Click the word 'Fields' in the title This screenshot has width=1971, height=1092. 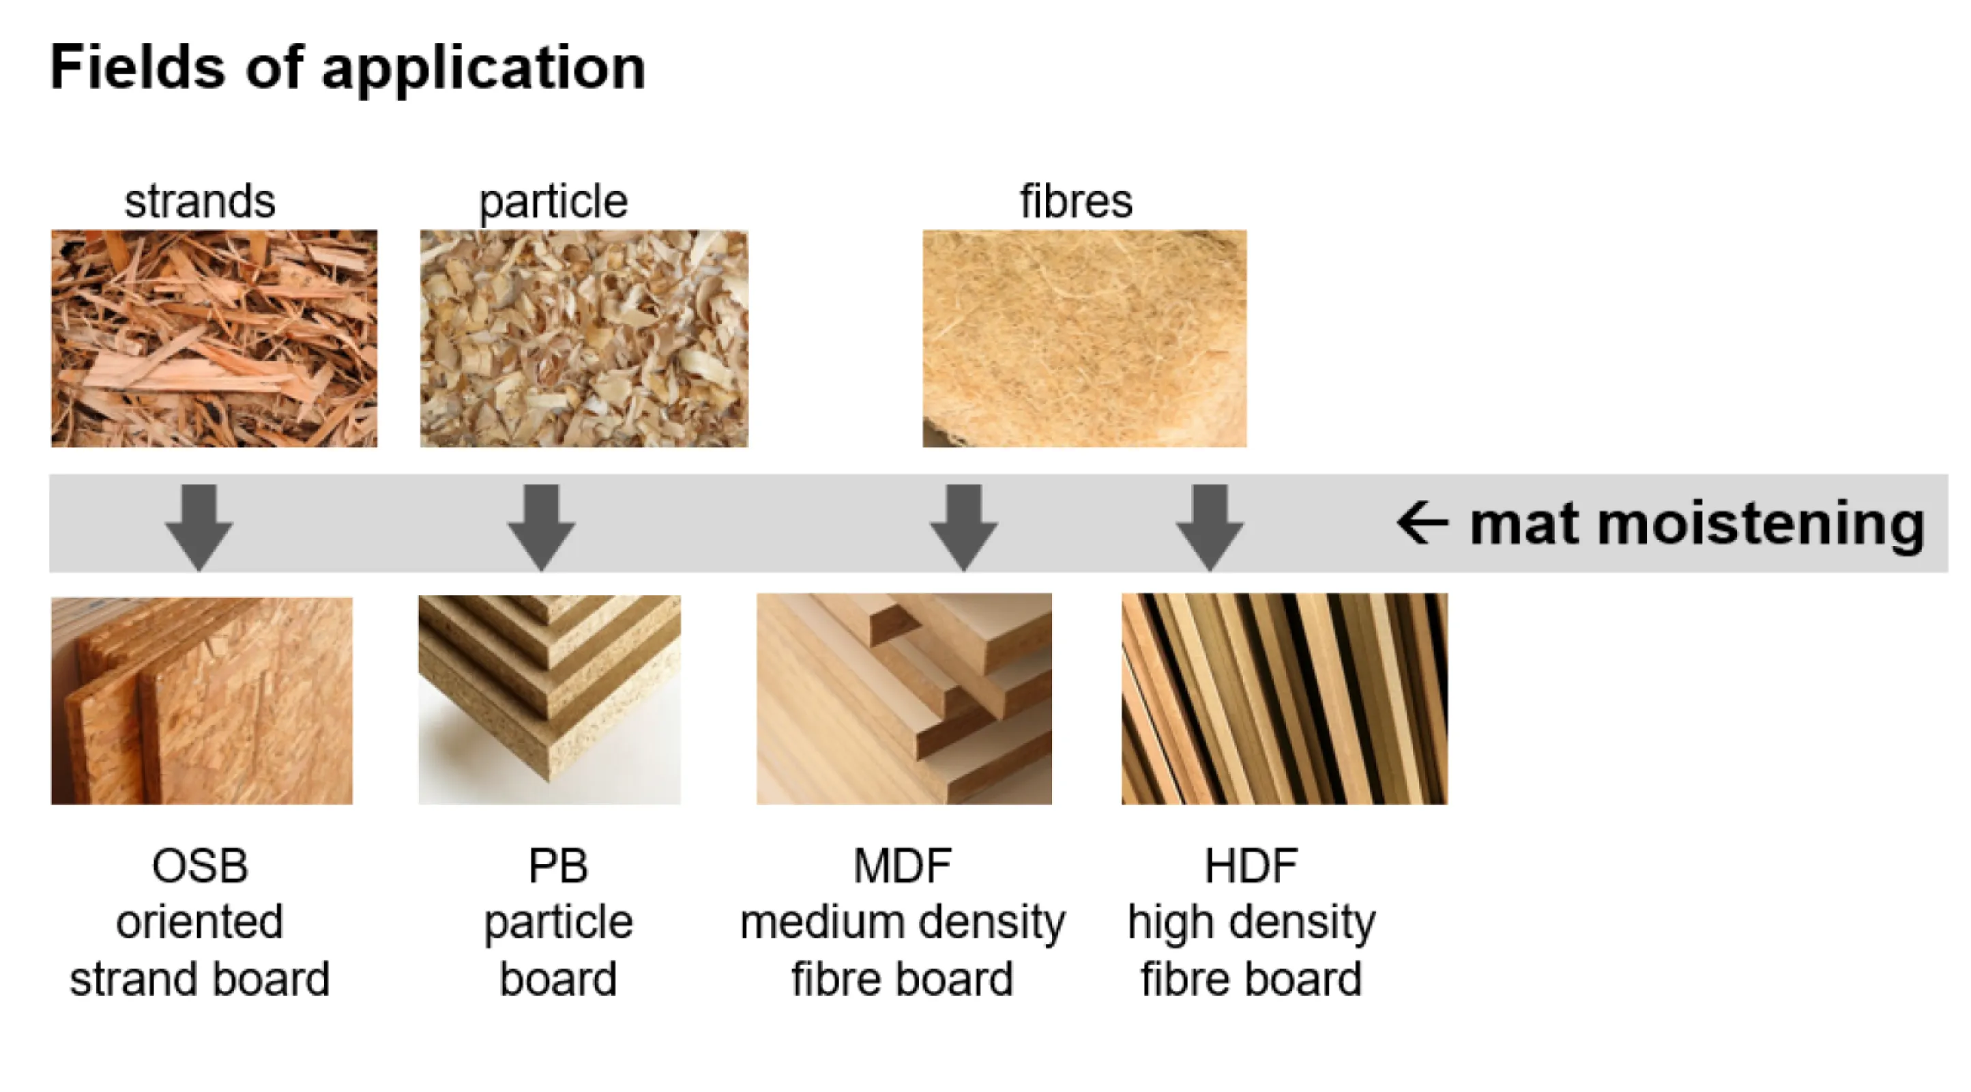pyautogui.click(x=138, y=68)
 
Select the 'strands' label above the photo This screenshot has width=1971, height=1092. pyautogui.click(x=200, y=201)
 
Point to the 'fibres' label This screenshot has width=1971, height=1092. pyautogui.click(x=1076, y=201)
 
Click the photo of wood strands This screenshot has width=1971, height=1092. pyautogui.click(x=214, y=339)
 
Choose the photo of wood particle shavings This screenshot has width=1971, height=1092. pyautogui.click(x=584, y=339)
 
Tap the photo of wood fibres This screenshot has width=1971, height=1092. pyautogui.click(x=1084, y=339)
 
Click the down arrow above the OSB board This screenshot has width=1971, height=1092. pyautogui.click(x=199, y=528)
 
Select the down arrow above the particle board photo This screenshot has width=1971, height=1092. pyautogui.click(x=541, y=528)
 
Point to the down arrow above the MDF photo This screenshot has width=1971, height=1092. pyautogui.click(x=963, y=528)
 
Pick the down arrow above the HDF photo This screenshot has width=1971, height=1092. pyautogui.click(x=1209, y=528)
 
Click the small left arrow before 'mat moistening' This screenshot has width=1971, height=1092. pyautogui.click(x=1422, y=523)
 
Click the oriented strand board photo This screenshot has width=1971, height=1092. pyautogui.click(x=202, y=700)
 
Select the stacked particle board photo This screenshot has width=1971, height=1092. pyautogui.click(x=549, y=700)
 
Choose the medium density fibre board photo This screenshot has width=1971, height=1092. pyautogui.click(x=905, y=699)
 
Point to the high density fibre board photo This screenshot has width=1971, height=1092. pyautogui.click(x=1285, y=699)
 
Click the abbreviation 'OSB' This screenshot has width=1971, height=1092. pyautogui.click(x=200, y=866)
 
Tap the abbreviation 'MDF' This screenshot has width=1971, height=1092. pyautogui.click(x=903, y=866)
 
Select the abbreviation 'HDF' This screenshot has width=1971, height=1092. pyautogui.click(x=1252, y=866)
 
